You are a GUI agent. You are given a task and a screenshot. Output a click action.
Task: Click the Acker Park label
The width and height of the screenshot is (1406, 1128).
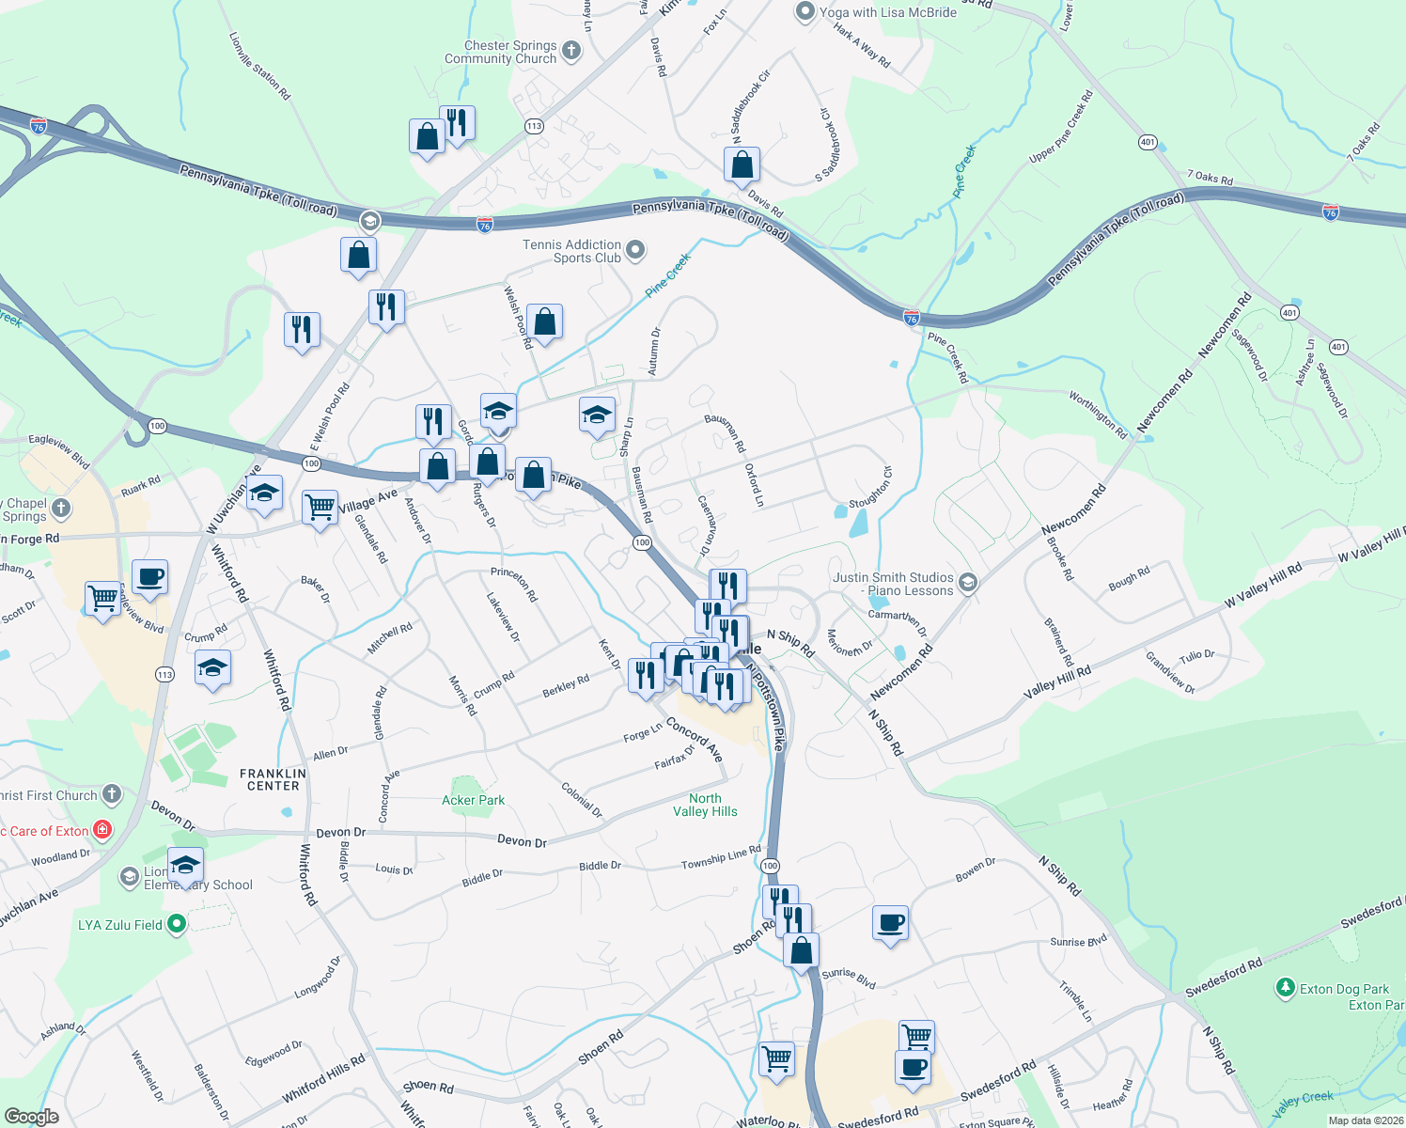click(473, 800)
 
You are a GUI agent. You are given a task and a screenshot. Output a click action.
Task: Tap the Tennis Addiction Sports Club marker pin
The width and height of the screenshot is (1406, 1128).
click(636, 250)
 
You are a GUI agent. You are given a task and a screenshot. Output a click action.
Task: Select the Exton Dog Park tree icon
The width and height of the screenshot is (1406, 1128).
click(1285, 988)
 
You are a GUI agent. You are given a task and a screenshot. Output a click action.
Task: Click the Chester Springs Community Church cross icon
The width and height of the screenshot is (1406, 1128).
click(571, 50)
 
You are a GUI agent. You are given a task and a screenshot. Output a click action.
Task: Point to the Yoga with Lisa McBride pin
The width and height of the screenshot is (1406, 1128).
click(805, 12)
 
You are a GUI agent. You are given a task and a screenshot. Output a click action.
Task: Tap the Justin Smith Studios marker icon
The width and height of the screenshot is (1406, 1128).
click(968, 584)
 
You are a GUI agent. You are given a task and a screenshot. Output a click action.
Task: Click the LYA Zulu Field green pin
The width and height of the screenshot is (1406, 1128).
click(176, 925)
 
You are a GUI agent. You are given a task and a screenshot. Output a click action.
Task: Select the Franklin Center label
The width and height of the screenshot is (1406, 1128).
click(273, 779)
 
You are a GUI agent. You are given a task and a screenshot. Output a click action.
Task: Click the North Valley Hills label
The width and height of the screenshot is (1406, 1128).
click(705, 805)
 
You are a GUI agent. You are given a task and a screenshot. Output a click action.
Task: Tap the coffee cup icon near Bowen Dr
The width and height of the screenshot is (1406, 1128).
click(889, 923)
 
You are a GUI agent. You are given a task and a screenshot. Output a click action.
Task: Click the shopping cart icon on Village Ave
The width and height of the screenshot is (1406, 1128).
click(320, 508)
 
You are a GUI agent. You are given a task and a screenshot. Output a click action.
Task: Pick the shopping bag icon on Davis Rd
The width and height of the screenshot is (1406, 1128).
click(742, 164)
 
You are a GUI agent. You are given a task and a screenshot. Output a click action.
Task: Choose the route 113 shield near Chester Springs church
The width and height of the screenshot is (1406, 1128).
click(534, 126)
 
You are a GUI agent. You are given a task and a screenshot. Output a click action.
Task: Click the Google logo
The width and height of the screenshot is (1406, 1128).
click(32, 1116)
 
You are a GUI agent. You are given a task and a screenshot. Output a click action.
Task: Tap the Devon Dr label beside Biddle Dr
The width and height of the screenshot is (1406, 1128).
click(339, 833)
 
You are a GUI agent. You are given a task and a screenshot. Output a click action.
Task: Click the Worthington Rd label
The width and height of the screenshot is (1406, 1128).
click(1097, 415)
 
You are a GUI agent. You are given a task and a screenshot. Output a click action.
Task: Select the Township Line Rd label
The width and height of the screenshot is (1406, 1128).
click(721, 857)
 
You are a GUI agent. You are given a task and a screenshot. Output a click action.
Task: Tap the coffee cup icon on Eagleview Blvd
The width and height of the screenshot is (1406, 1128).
click(149, 576)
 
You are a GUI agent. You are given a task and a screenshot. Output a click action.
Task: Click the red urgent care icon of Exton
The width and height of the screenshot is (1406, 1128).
click(102, 830)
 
